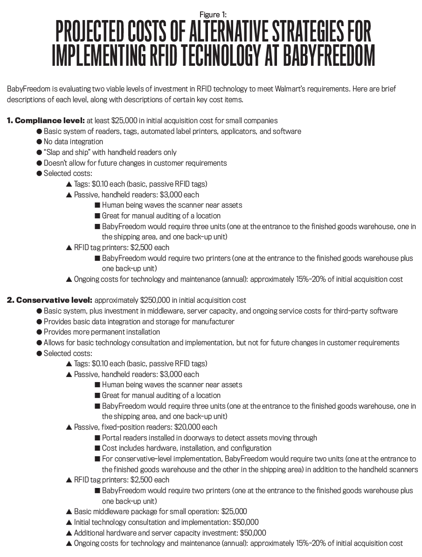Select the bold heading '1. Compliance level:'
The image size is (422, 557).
pyautogui.click(x=46, y=120)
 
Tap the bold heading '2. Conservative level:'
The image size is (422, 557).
pyautogui.click(x=49, y=300)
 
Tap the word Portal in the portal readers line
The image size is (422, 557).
pyautogui.click(x=112, y=438)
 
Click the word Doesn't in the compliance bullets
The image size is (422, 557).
pyautogui.click(x=56, y=163)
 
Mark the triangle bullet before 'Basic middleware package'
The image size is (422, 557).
pyautogui.click(x=69, y=512)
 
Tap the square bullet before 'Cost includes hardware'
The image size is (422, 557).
pyautogui.click(x=97, y=448)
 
